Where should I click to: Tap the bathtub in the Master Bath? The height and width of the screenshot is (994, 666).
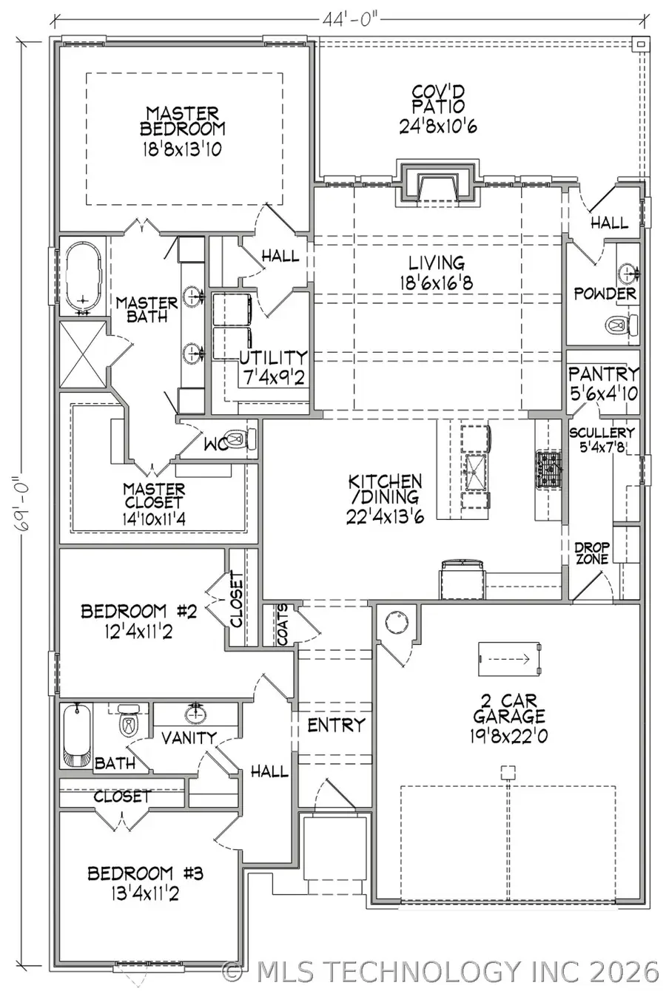pos(83,278)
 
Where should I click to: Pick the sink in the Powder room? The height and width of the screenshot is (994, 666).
pos(628,274)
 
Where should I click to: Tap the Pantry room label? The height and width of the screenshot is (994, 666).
pos(603,374)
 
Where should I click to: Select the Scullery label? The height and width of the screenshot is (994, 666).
pos(602,433)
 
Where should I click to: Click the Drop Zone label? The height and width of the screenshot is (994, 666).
pos(592,553)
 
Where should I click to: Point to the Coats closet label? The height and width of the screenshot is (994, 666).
pos(283,626)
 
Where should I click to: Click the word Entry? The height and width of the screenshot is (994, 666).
pos(336,725)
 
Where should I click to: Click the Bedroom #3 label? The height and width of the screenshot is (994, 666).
pos(145,873)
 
